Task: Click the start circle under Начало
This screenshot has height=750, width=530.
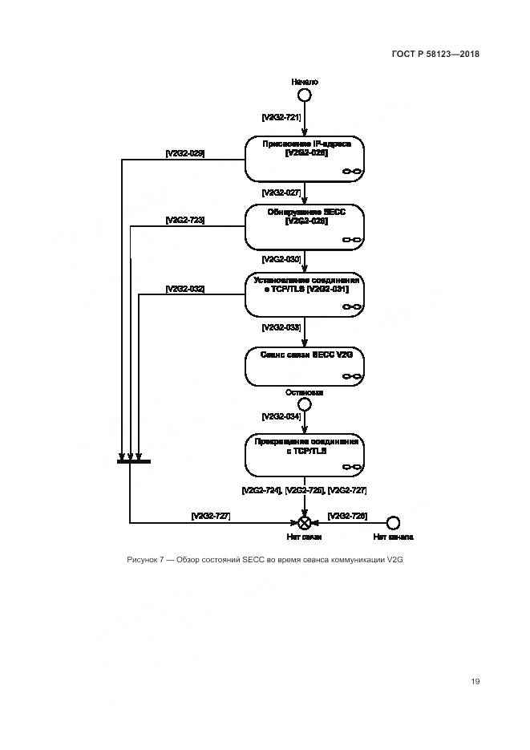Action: click(305, 95)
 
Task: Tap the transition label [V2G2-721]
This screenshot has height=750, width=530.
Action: click(281, 117)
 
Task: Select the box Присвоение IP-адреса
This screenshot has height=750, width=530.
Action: click(305, 158)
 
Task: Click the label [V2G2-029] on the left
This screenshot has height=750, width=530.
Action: click(184, 152)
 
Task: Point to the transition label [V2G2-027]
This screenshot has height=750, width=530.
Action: click(281, 193)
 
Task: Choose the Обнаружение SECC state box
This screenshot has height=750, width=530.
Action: click(305, 226)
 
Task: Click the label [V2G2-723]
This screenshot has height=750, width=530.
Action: click(184, 220)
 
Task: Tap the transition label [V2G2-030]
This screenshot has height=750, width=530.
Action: click(281, 259)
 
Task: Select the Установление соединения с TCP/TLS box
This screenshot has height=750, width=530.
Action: click(305, 294)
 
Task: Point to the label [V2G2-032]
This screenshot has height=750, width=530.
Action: click(184, 288)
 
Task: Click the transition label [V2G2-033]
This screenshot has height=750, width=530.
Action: click(281, 327)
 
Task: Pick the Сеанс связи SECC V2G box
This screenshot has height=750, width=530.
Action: click(305, 366)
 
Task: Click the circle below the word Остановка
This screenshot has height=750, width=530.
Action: click(305, 404)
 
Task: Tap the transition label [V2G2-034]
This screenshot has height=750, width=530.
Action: click(281, 418)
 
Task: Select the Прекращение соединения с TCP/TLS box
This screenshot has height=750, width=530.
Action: click(305, 456)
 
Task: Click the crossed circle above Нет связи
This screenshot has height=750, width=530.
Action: click(305, 522)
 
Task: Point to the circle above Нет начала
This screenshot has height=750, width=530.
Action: click(393, 522)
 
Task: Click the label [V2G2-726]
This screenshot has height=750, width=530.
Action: click(347, 516)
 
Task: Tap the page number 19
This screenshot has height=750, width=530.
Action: click(475, 681)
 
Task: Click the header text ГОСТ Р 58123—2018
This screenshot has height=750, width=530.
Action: click(435, 55)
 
